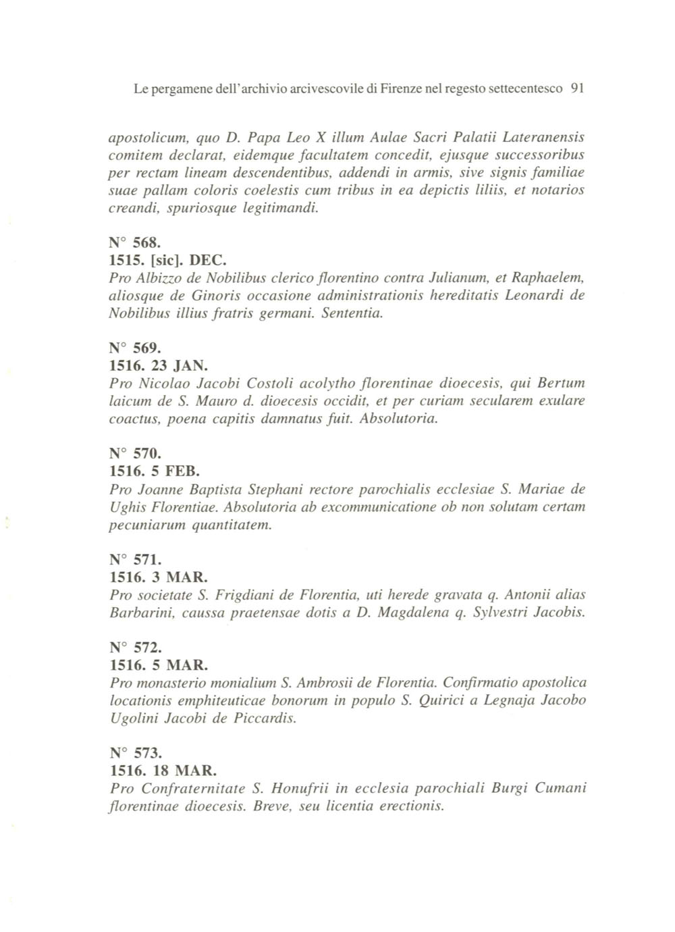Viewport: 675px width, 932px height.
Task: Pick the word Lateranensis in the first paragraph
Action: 544,138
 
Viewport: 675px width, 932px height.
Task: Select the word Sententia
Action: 352,313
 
